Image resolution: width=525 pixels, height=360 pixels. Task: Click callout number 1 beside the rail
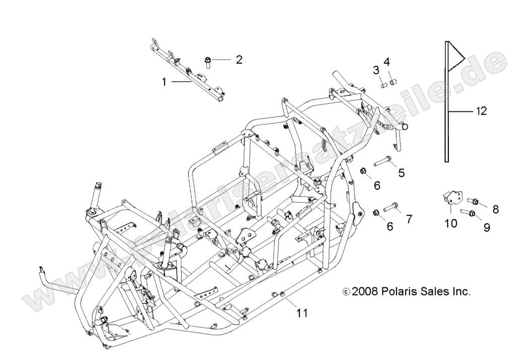164,81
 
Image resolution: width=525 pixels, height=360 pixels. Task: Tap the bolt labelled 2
208,62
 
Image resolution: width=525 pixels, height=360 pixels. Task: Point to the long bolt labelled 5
382,164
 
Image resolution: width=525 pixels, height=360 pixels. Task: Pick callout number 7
409,219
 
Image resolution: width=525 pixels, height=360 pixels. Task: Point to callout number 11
302,313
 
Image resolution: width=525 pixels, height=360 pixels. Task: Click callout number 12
481,111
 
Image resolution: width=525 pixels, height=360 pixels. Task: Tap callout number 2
239,59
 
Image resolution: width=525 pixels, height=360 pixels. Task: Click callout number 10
451,222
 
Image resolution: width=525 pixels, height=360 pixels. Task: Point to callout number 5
401,173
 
